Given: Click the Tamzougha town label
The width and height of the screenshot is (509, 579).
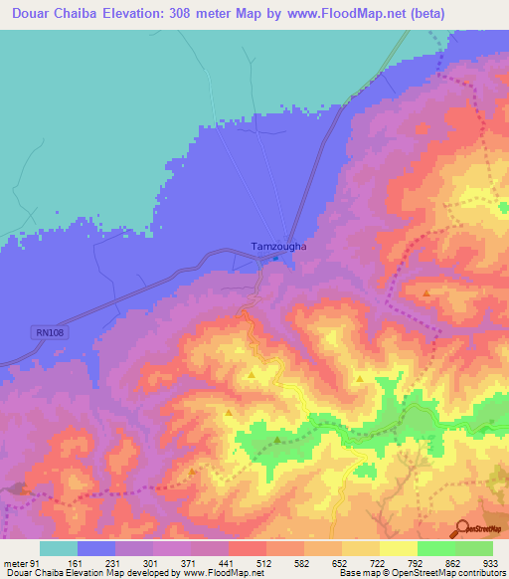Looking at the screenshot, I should click(x=276, y=246).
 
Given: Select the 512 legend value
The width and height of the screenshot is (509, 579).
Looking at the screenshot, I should click(x=265, y=563).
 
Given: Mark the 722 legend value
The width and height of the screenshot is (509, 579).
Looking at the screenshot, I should click(x=379, y=563).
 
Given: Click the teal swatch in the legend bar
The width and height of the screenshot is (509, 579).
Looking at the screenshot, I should click(x=58, y=548).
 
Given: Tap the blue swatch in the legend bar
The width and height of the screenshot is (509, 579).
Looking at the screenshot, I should click(x=95, y=548).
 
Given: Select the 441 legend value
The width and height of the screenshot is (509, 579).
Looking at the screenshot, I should click(x=228, y=563).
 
